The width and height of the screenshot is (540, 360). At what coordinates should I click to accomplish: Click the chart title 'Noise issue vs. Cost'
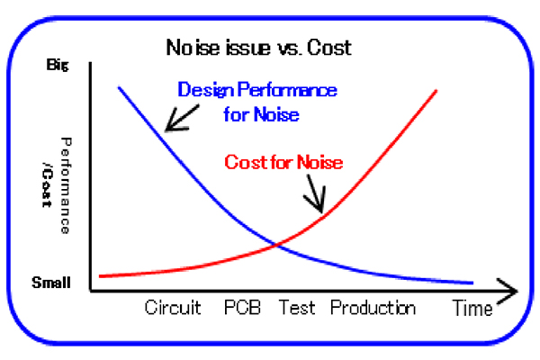[x=258, y=47]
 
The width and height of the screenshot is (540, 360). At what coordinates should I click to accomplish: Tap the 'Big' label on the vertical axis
[x=58, y=65]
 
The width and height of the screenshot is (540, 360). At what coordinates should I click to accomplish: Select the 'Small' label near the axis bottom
[x=51, y=283]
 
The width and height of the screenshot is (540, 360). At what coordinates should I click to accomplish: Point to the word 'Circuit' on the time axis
[x=173, y=307]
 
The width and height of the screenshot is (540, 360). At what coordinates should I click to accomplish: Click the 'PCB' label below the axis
[x=242, y=307]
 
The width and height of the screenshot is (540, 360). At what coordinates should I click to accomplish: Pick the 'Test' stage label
[x=297, y=307]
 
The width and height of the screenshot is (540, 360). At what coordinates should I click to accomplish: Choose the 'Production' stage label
[x=373, y=307]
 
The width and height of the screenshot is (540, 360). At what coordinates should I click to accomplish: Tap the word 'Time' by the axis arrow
[x=472, y=308]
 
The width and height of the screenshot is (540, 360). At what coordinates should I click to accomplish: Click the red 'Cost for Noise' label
[x=283, y=162]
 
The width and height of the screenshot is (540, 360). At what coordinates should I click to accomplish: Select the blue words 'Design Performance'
[x=257, y=90]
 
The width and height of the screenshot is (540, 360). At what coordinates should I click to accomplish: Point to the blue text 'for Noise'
[x=261, y=114]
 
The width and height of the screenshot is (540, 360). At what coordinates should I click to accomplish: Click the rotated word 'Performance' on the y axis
[x=66, y=185]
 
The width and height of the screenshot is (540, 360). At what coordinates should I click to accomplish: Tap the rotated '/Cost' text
[x=47, y=184]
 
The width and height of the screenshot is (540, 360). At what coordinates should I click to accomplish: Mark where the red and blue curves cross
[x=277, y=245]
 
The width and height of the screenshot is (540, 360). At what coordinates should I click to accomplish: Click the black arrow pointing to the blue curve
[x=182, y=118]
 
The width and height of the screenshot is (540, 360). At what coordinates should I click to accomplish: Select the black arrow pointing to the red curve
[x=315, y=194]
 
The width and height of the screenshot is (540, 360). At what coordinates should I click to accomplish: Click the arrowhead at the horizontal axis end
[x=507, y=291]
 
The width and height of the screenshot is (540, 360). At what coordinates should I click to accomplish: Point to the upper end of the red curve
[x=436, y=91]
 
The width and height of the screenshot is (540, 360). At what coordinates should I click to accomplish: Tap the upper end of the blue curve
[x=119, y=87]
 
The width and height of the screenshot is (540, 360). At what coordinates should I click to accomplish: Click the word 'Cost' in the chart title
[x=329, y=47]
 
